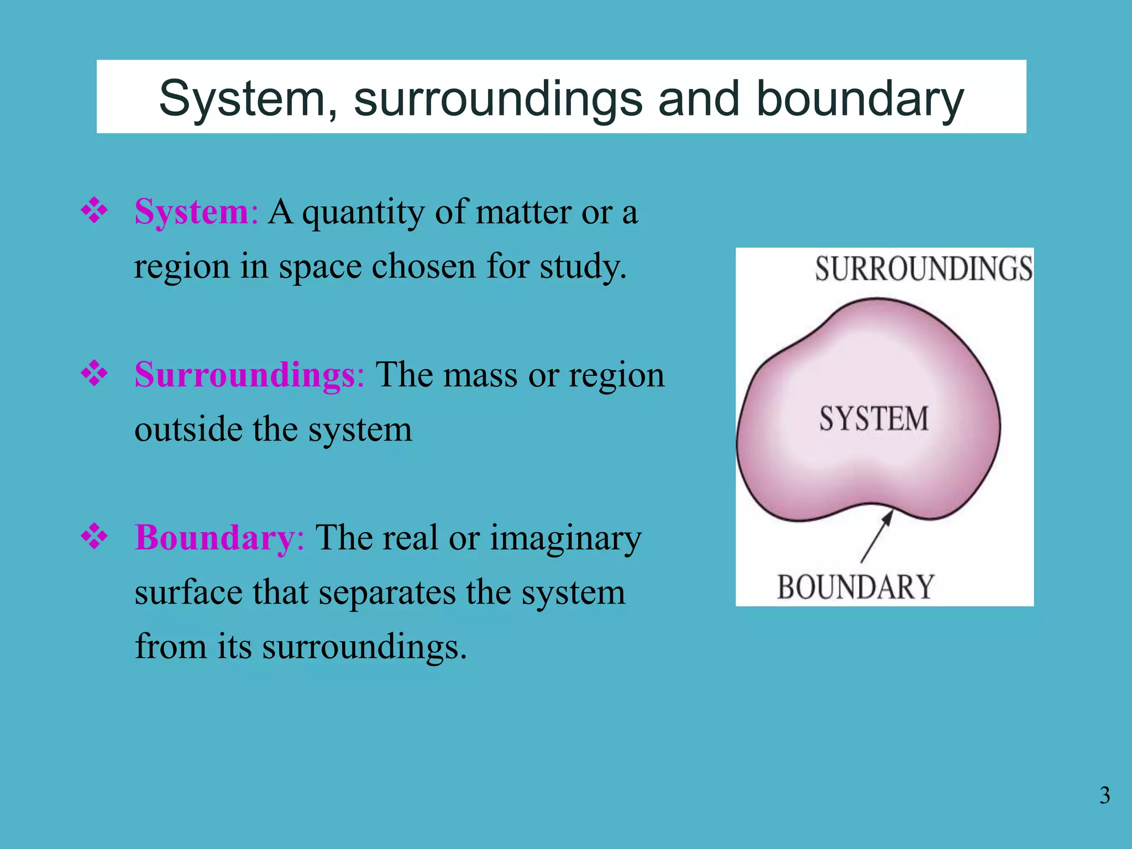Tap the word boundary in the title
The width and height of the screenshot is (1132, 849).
click(860, 99)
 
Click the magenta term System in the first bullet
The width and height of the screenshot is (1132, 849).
click(192, 212)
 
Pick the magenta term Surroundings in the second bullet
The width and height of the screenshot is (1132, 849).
click(244, 375)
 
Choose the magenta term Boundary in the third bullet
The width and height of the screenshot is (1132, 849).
click(214, 538)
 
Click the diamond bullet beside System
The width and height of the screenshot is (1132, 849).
click(95, 210)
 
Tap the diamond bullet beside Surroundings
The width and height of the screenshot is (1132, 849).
click(95, 373)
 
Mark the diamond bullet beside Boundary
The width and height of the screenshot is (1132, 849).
click(95, 536)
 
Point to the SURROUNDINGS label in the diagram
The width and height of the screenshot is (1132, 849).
click(924, 269)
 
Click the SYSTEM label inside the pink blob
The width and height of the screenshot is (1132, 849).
click(874, 418)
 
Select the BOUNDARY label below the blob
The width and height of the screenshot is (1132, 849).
click(856, 587)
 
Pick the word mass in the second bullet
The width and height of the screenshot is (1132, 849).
click(479, 375)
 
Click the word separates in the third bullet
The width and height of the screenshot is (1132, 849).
click(387, 593)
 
